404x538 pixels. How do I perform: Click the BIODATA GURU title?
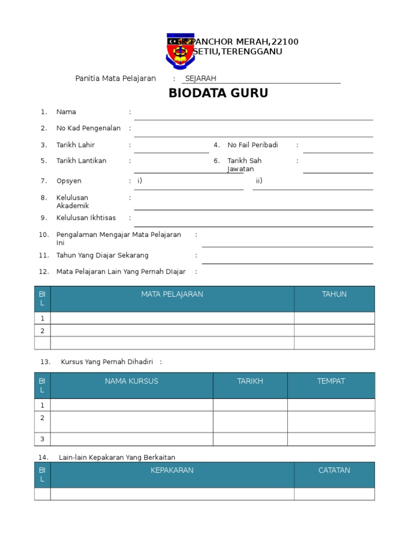click(x=218, y=94)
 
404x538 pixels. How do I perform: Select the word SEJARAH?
click(x=200, y=79)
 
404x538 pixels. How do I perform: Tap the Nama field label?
click(x=66, y=112)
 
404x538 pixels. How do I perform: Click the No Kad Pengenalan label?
click(x=88, y=128)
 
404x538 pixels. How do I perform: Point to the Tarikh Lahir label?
click(x=76, y=145)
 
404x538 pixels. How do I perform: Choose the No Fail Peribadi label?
click(x=252, y=145)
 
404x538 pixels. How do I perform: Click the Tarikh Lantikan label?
click(x=81, y=161)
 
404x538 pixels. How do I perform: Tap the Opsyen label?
click(x=69, y=181)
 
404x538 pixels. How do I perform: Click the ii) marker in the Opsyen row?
click(x=259, y=181)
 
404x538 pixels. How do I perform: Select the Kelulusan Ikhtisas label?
click(x=86, y=218)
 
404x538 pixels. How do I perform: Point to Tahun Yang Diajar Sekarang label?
click(x=102, y=255)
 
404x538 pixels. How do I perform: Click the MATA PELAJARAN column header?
click(x=172, y=294)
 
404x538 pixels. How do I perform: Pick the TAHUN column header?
click(x=334, y=294)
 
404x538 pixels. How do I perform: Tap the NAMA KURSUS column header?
click(x=132, y=381)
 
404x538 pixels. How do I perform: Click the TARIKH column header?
click(x=250, y=381)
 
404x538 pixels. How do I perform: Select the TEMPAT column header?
click(x=331, y=381)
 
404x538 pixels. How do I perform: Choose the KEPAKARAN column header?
click(x=172, y=470)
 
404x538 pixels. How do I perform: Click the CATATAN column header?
click(x=334, y=470)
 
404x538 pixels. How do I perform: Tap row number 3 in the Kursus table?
click(x=42, y=439)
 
